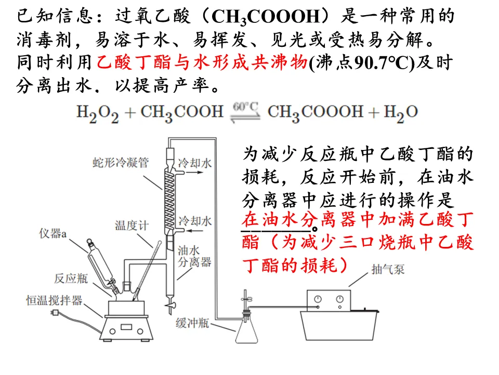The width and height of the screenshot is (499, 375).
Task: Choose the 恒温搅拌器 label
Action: pos(55,300)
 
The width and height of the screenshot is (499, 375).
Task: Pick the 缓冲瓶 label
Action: pos(192,323)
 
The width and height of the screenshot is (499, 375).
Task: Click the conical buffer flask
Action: pos(247,331)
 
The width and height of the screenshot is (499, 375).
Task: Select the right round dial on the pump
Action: pos(340,299)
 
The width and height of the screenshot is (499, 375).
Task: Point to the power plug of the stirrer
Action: pos(53,312)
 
